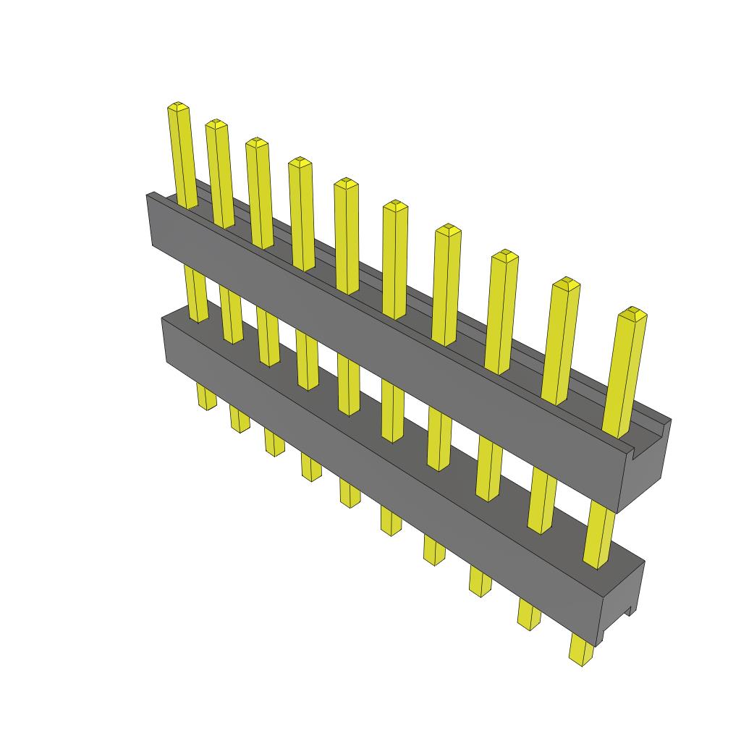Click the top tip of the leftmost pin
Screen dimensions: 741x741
pos(178,108)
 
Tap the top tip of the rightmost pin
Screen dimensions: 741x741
pos(633,313)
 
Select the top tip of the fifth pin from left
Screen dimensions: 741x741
pos(346,183)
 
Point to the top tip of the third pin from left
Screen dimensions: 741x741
pos(257,143)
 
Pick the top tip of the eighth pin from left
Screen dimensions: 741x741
pos(504,255)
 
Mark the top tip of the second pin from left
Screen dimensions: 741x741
pos(216,125)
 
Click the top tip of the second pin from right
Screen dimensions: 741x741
pos(567,283)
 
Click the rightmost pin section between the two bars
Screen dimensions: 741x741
pos(598,535)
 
